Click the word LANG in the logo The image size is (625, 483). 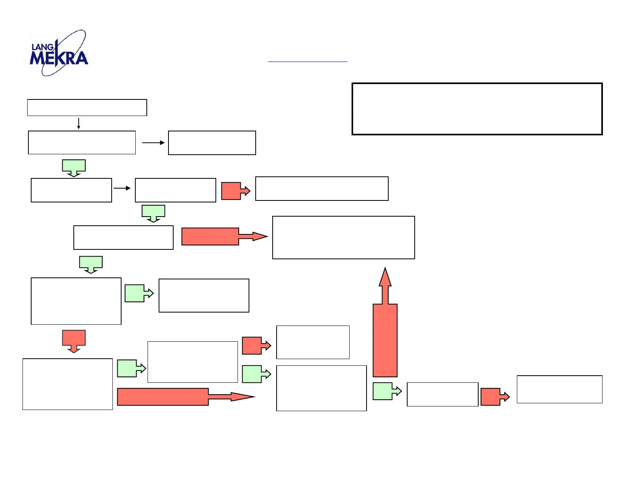tap(42, 47)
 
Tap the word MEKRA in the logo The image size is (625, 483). tap(59, 58)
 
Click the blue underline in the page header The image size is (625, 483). tap(307, 62)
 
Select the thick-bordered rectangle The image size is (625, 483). tap(477, 109)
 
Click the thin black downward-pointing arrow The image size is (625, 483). tap(79, 123)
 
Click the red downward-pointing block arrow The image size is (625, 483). tap(74, 341)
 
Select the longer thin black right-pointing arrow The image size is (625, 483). tap(153, 143)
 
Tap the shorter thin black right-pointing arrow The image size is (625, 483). tap(122, 188)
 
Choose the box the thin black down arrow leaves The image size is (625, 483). tap(87, 108)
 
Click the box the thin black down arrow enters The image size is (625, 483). tap(82, 142)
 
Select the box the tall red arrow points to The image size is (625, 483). tap(343, 238)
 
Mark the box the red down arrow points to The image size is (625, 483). tap(67, 384)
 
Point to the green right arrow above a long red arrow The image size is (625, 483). tap(131, 369)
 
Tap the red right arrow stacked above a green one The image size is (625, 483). tap(256, 346)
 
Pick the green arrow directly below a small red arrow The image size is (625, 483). tap(256, 374)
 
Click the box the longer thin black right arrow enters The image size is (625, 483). tap(212, 143)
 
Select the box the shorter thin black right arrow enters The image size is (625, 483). tap(175, 190)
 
